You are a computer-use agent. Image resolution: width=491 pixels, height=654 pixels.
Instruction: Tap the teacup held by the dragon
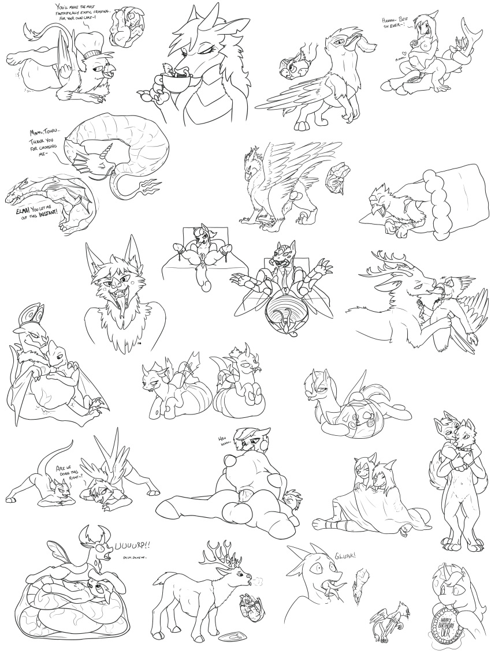tap(173, 83)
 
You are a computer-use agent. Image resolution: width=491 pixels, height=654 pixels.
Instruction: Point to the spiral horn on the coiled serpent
tap(107, 154)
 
